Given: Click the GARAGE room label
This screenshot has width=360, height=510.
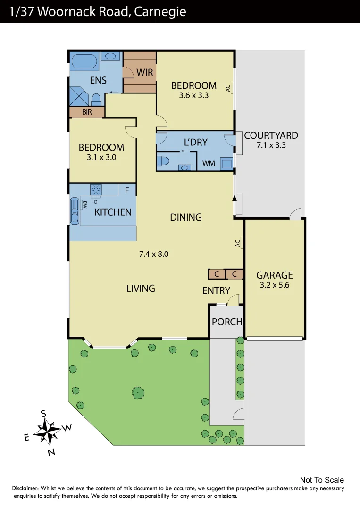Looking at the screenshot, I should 274,275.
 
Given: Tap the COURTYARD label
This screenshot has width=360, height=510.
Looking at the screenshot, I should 271,136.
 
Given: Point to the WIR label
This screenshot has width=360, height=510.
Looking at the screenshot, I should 145,73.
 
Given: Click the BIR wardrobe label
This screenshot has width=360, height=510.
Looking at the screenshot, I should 87,112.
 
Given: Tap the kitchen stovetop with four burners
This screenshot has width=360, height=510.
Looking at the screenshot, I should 96,189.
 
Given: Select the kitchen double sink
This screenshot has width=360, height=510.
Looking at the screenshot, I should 75,211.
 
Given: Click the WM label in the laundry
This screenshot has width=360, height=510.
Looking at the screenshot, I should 209,163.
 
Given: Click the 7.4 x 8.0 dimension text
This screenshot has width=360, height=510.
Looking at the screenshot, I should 154,254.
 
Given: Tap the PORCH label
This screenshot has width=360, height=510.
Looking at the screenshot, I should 226,322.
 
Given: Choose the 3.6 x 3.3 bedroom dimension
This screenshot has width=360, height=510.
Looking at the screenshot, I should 194,95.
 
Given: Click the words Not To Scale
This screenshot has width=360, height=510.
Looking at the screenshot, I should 322,480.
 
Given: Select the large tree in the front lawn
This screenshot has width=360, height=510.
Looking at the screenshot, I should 138,392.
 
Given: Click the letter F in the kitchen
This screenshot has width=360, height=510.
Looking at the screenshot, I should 126,191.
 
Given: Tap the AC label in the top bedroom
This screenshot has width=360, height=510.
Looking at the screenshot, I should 228,88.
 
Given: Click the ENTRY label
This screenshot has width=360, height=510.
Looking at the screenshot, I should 216,291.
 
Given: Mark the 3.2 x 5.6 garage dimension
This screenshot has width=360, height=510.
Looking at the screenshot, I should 274,285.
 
